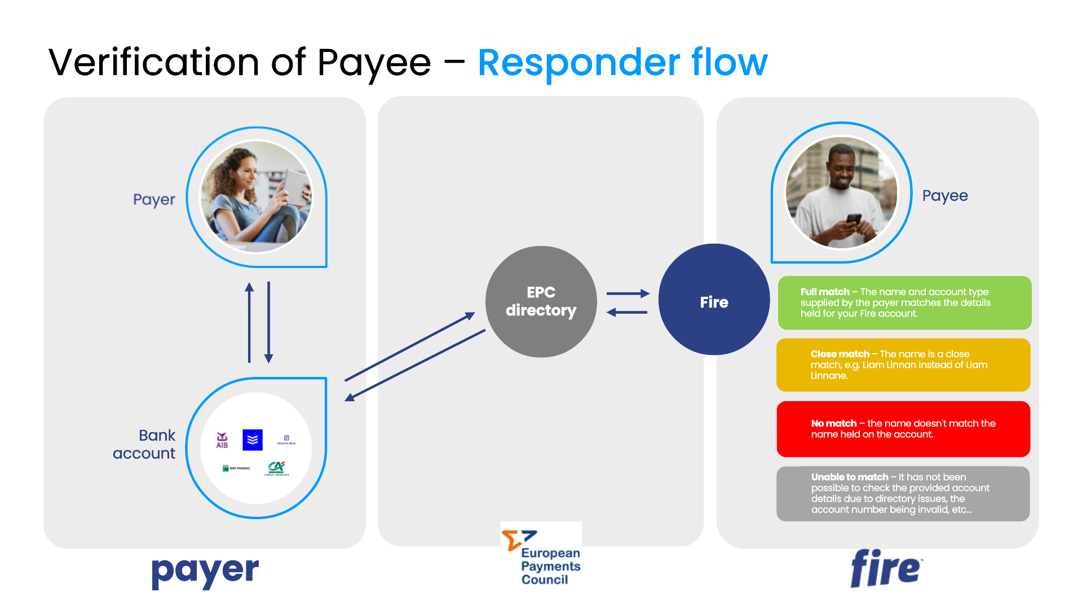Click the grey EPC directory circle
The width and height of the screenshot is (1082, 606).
(541, 301)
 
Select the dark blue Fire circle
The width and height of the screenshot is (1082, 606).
(714, 300)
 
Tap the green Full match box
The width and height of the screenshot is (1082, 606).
(904, 302)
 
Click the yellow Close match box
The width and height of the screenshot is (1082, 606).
(903, 365)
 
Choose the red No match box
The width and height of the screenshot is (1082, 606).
(903, 429)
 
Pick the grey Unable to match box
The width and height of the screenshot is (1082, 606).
(903, 493)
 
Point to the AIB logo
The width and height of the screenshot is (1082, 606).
(222, 440)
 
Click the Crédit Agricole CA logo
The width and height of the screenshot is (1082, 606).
(276, 468)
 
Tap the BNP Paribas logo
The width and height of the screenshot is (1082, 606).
(236, 468)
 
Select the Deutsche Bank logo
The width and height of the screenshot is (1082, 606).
(286, 440)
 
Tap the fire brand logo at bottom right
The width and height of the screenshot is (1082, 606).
(885, 569)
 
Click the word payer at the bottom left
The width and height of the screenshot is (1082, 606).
(205, 572)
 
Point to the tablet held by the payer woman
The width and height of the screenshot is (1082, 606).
(296, 187)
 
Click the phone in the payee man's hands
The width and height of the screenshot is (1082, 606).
(853, 219)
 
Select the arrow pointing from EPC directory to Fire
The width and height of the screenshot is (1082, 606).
(628, 293)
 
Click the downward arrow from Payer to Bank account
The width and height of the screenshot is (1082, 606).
(268, 322)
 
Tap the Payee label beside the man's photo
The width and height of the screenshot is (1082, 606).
(944, 196)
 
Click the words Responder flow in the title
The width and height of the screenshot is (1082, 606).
(622, 62)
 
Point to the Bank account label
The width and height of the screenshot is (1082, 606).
(144, 444)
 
